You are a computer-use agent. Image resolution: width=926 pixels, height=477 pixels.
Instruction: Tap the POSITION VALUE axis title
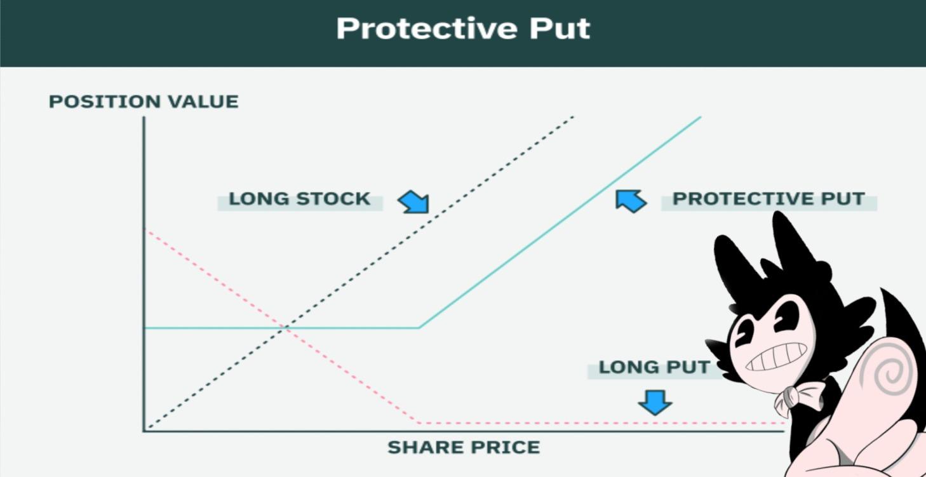(x=144, y=102)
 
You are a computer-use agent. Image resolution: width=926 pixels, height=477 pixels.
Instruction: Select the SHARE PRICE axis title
(x=464, y=447)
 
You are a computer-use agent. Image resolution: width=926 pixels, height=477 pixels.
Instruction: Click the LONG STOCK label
(x=299, y=199)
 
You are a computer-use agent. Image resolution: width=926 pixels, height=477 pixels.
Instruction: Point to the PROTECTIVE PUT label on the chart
(x=768, y=199)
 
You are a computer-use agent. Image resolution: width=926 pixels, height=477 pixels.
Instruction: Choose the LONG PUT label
(x=654, y=367)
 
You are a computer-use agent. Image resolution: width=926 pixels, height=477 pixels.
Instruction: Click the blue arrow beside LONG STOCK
(x=414, y=202)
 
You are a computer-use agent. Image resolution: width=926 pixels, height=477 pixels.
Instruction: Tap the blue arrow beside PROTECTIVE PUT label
(x=630, y=200)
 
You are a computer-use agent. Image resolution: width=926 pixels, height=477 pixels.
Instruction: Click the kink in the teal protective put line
(x=419, y=328)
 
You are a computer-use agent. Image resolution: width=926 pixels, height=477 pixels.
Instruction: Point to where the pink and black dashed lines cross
(x=286, y=328)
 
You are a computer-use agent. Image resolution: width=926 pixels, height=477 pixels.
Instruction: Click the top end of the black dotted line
(x=573, y=117)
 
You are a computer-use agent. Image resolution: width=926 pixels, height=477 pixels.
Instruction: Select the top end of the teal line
(x=700, y=117)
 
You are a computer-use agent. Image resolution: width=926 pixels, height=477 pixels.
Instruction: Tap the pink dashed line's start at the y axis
(x=147, y=230)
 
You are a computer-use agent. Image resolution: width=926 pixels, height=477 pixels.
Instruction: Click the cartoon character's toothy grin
(x=776, y=356)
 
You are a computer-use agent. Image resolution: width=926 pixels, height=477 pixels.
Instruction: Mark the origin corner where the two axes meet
(x=144, y=431)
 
